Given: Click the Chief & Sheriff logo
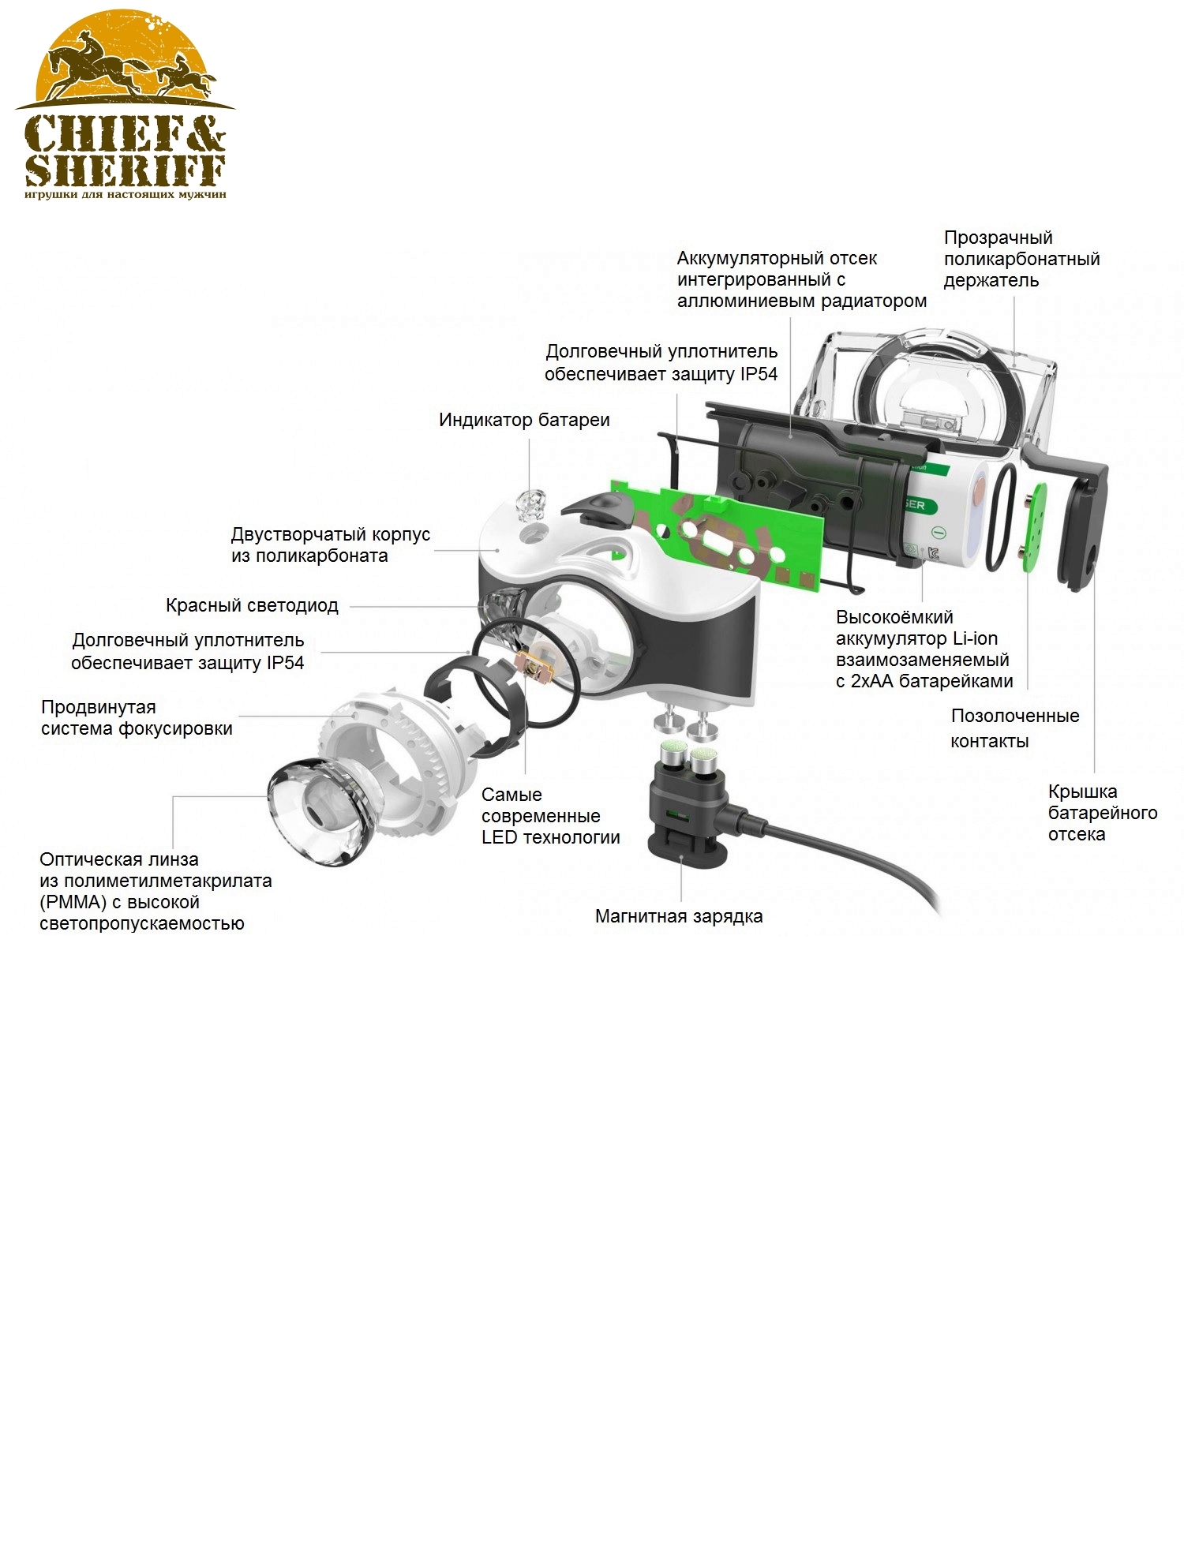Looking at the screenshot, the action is tap(125, 105).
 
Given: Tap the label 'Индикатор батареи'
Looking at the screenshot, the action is tap(524, 420).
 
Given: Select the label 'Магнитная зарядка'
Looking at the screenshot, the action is tap(679, 916).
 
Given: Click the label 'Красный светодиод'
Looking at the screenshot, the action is tap(252, 605).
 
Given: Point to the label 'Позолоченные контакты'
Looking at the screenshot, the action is tap(1014, 728).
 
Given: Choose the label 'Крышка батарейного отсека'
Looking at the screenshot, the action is tap(1102, 813).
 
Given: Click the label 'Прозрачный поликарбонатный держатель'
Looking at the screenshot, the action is tap(1021, 259).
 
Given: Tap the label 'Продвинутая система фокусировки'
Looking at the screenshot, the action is tap(137, 717).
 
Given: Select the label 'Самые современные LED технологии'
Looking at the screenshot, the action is tap(550, 816).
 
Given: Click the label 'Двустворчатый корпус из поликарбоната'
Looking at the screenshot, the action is tap(330, 544).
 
